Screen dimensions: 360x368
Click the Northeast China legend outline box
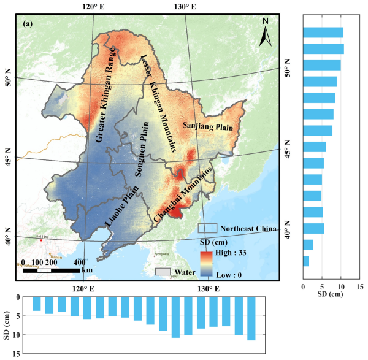(x=208, y=227)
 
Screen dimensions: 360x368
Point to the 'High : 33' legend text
(x=230, y=251)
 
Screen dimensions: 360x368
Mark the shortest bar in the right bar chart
(x=305, y=261)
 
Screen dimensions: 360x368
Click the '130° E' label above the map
(x=184, y=7)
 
